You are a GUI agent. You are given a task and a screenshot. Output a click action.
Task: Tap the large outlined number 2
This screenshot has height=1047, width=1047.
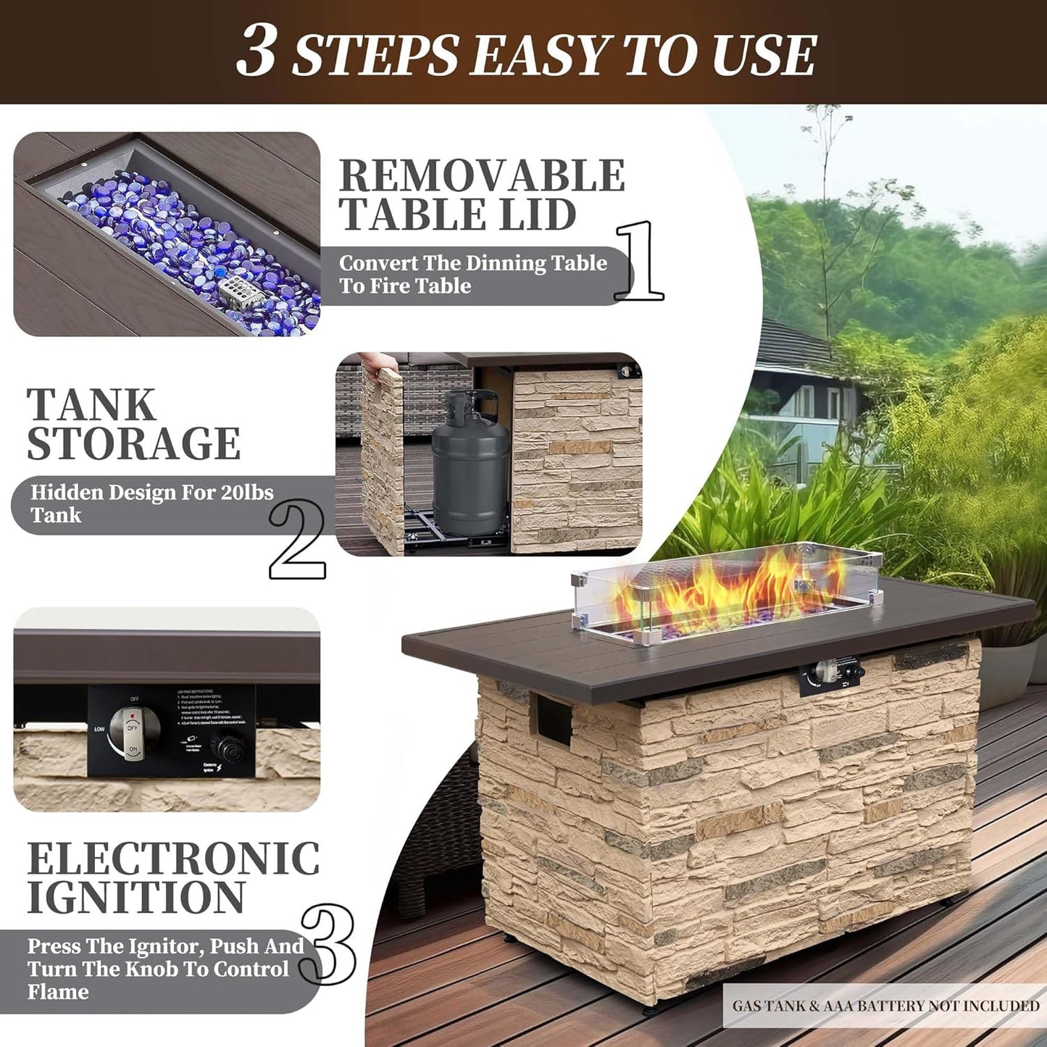[297, 539]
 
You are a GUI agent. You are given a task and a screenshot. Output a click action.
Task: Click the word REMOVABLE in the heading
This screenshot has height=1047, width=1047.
[482, 176]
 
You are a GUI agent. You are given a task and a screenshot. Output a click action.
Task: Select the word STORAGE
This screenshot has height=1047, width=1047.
[134, 443]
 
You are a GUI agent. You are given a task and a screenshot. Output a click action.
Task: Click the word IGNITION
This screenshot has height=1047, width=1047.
[136, 898]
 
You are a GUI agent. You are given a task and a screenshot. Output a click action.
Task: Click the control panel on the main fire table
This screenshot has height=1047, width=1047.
[832, 675]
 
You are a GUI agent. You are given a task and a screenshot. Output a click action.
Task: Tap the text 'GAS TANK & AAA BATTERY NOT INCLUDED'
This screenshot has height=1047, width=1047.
[885, 1006]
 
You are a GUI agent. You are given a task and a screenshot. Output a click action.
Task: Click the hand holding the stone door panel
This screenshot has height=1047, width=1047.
[377, 363]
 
